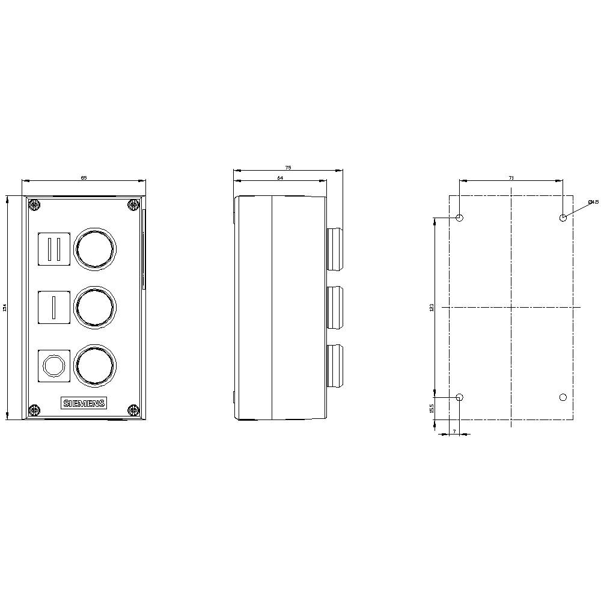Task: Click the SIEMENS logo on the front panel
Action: (84, 403)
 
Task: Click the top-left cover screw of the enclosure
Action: (35, 206)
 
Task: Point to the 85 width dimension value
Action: (84, 178)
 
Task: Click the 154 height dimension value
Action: (5, 308)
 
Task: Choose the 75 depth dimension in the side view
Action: (288, 168)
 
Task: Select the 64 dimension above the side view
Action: (279, 178)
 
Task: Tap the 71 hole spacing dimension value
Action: (511, 178)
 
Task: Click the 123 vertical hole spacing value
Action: (432, 308)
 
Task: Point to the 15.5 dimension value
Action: (432, 409)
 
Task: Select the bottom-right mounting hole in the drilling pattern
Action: (563, 397)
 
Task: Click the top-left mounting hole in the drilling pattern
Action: (460, 218)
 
